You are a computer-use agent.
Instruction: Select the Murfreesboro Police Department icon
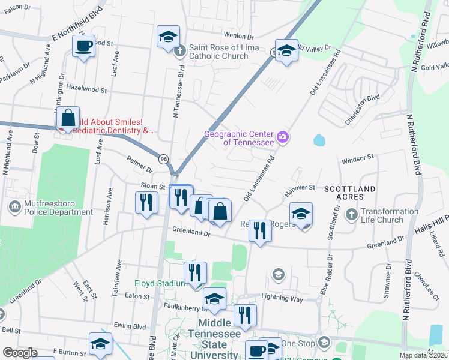14,206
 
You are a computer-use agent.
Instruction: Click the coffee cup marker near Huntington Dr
83,46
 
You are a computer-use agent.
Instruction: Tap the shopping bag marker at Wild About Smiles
68,118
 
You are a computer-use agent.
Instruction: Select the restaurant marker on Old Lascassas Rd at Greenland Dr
259,230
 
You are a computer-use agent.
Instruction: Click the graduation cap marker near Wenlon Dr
169,37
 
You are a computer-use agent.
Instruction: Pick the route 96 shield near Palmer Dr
164,158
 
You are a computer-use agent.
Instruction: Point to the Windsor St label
357,161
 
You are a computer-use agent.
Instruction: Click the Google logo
19,353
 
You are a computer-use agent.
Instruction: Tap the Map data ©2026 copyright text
423,355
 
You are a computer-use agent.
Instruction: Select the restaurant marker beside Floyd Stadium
194,273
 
